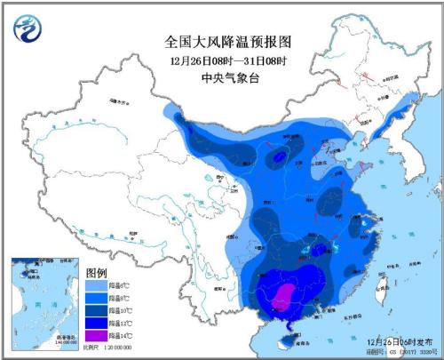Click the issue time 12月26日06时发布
[395, 340]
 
